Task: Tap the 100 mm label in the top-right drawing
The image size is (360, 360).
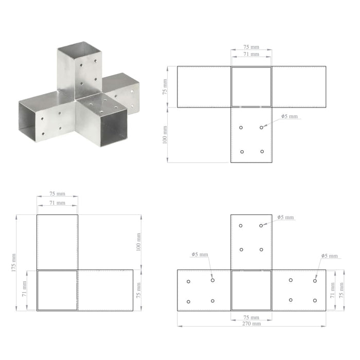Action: [166, 135]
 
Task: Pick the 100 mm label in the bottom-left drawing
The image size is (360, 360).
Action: [138, 242]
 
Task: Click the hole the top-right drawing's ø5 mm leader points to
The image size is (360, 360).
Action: [262, 127]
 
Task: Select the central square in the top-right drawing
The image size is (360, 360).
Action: [251, 86]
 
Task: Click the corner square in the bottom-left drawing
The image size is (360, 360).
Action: [57, 290]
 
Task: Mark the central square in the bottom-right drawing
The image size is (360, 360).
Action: [251, 290]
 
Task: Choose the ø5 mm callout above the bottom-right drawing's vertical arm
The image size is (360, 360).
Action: [285, 218]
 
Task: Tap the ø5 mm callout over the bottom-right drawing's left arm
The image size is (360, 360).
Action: [200, 255]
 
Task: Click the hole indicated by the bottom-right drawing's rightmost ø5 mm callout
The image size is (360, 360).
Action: [315, 280]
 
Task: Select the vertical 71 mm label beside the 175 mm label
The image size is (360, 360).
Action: [23, 290]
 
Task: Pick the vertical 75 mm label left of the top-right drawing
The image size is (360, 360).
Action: [166, 86]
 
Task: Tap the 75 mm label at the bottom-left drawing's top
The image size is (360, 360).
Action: [57, 194]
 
